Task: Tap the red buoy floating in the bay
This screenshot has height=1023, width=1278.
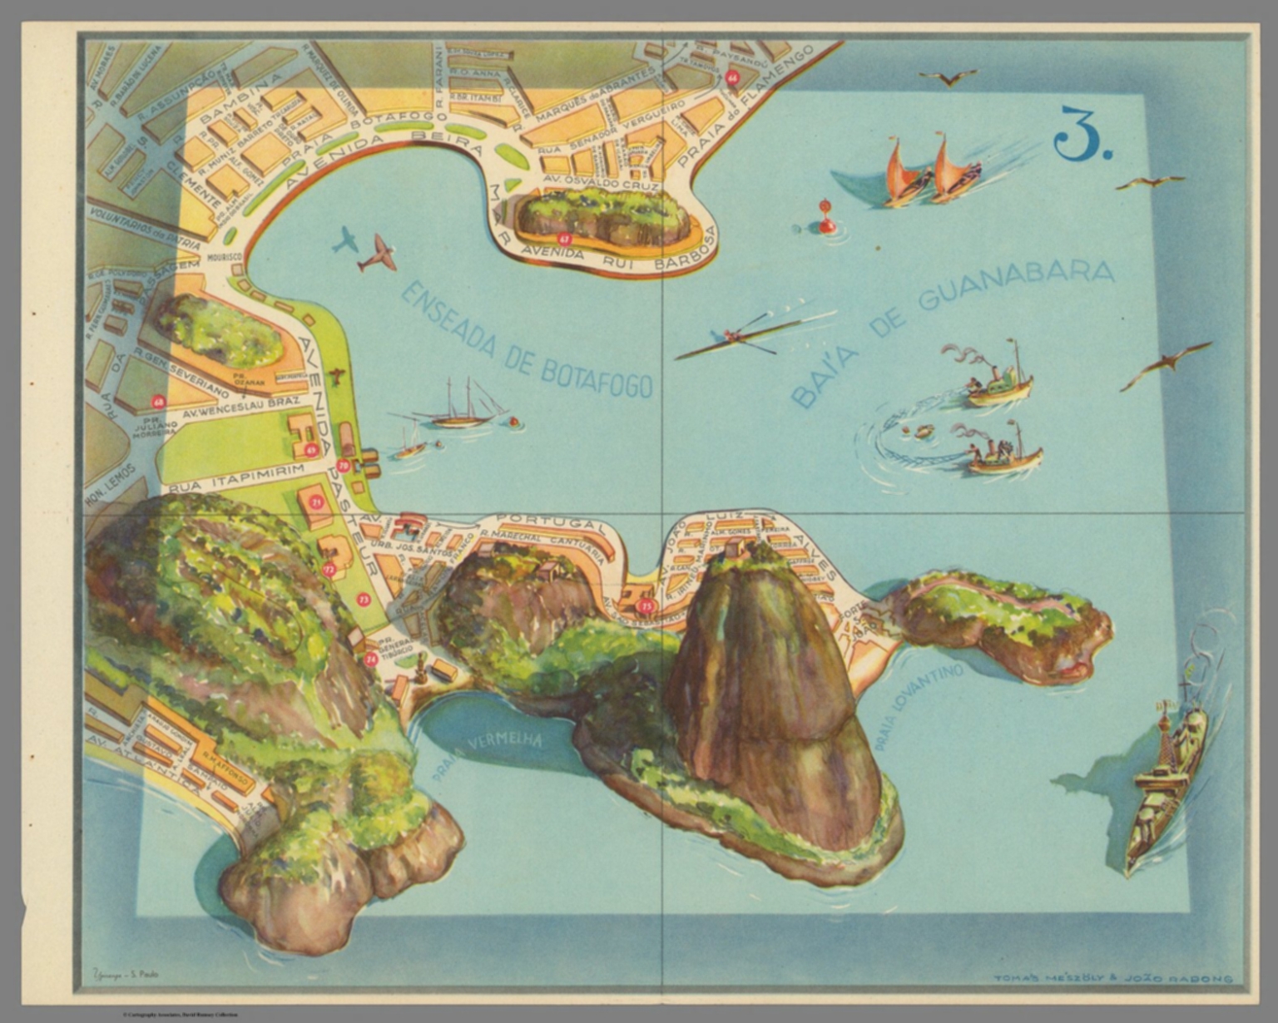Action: pos(826,217)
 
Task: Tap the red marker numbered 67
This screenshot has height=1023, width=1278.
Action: pos(566,239)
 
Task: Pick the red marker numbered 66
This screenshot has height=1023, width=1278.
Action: pos(732,77)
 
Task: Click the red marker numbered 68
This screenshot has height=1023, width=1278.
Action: pos(158,403)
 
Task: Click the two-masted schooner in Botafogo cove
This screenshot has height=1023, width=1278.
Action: pos(460,408)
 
